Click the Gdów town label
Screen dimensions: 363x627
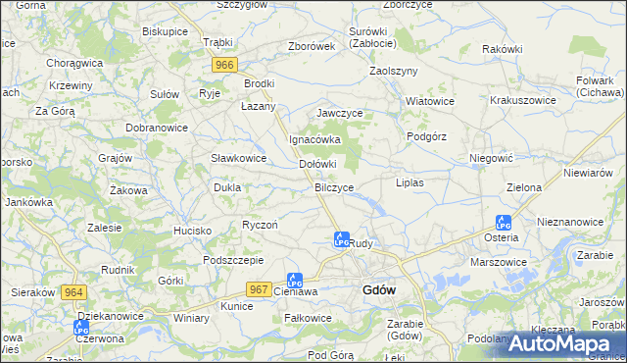(x=378, y=290)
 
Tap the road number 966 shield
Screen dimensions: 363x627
(x=224, y=65)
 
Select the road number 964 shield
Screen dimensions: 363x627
(x=72, y=292)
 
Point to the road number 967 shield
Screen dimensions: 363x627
(x=259, y=288)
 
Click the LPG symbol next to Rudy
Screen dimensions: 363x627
(x=341, y=238)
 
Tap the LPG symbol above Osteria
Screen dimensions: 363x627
(x=503, y=223)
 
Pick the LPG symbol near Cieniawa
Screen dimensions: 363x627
(x=294, y=281)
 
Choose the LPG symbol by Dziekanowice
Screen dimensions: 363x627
(x=81, y=328)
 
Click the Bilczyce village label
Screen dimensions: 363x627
(x=334, y=186)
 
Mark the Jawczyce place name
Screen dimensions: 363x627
(x=339, y=114)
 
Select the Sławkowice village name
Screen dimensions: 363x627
(x=239, y=158)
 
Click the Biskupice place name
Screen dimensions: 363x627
(x=165, y=31)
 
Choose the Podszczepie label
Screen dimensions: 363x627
(x=232, y=260)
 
